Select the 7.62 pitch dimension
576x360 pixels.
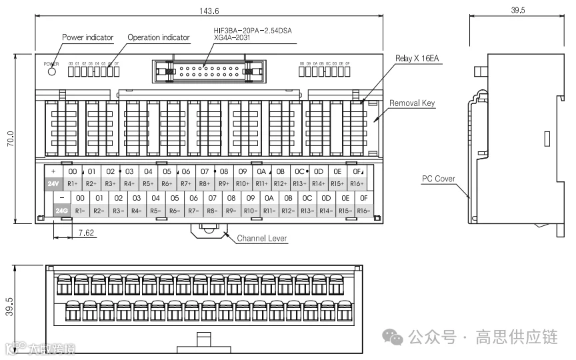click(x=86, y=233)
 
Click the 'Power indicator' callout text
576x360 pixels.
click(x=88, y=37)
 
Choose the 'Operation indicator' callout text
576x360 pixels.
click(x=159, y=37)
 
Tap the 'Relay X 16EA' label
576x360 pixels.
click(x=417, y=59)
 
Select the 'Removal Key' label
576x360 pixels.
click(x=412, y=103)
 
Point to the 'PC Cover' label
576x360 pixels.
click(x=438, y=179)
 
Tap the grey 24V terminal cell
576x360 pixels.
click(x=53, y=183)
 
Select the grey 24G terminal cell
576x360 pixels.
click(x=62, y=211)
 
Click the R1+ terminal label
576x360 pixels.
click(x=73, y=183)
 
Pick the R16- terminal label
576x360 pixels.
click(x=363, y=211)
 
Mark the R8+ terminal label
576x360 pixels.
click(x=205, y=183)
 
